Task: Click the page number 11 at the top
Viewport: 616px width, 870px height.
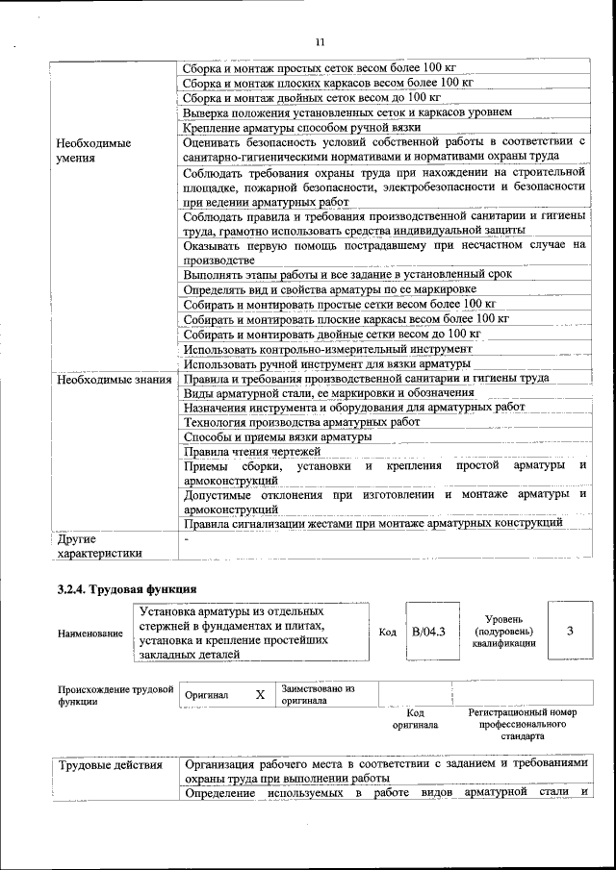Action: point(320,41)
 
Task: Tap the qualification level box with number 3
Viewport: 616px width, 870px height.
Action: point(570,631)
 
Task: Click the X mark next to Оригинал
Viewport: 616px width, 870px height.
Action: point(259,694)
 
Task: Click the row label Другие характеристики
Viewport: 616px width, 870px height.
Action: point(99,545)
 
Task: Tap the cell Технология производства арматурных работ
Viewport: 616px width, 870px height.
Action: point(301,422)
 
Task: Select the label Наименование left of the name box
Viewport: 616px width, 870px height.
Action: point(90,634)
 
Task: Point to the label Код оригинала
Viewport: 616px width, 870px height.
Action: point(416,719)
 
